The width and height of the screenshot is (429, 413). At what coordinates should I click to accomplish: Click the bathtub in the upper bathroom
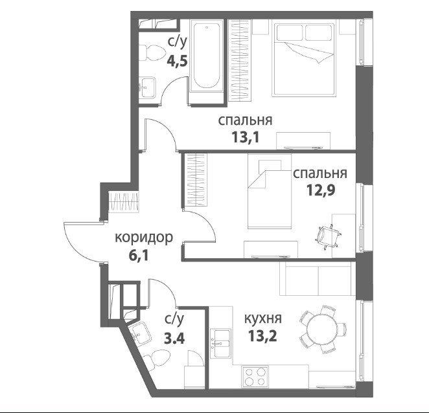[207, 56]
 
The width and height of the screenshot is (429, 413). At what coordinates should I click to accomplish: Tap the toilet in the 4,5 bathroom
[151, 53]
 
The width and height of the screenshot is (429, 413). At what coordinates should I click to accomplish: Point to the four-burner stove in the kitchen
[255, 377]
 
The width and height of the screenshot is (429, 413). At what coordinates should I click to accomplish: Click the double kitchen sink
[220, 343]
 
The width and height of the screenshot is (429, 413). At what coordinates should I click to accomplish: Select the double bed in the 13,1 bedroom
[304, 60]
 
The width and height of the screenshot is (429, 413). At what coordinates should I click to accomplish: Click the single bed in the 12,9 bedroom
[270, 192]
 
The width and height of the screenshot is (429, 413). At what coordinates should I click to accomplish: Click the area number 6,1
[139, 256]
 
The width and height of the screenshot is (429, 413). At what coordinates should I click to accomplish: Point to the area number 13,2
[262, 336]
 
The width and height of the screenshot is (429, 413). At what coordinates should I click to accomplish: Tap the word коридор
[144, 238]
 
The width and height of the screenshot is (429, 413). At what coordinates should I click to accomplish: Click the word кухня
[262, 318]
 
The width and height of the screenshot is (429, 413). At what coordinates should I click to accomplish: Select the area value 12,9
[320, 190]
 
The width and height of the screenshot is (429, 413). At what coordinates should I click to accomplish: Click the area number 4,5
[178, 61]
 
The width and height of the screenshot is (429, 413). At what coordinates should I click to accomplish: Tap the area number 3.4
[174, 339]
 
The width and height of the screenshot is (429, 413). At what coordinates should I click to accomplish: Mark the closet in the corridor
[124, 202]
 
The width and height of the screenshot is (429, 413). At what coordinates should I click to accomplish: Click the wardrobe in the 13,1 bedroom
[240, 60]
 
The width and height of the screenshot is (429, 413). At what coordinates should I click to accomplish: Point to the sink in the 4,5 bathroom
[148, 87]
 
